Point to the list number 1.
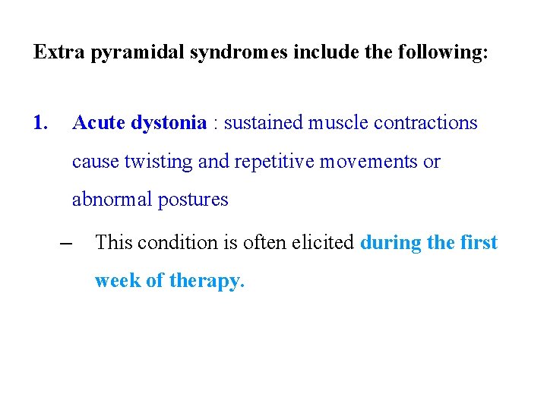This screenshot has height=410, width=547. click(x=41, y=122)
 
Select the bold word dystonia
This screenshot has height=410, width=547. click(x=169, y=123)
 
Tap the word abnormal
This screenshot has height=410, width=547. click(x=112, y=200)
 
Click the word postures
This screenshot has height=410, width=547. click(x=193, y=200)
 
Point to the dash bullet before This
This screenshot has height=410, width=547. click(x=65, y=243)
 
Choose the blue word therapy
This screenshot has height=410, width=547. click(x=206, y=282)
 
